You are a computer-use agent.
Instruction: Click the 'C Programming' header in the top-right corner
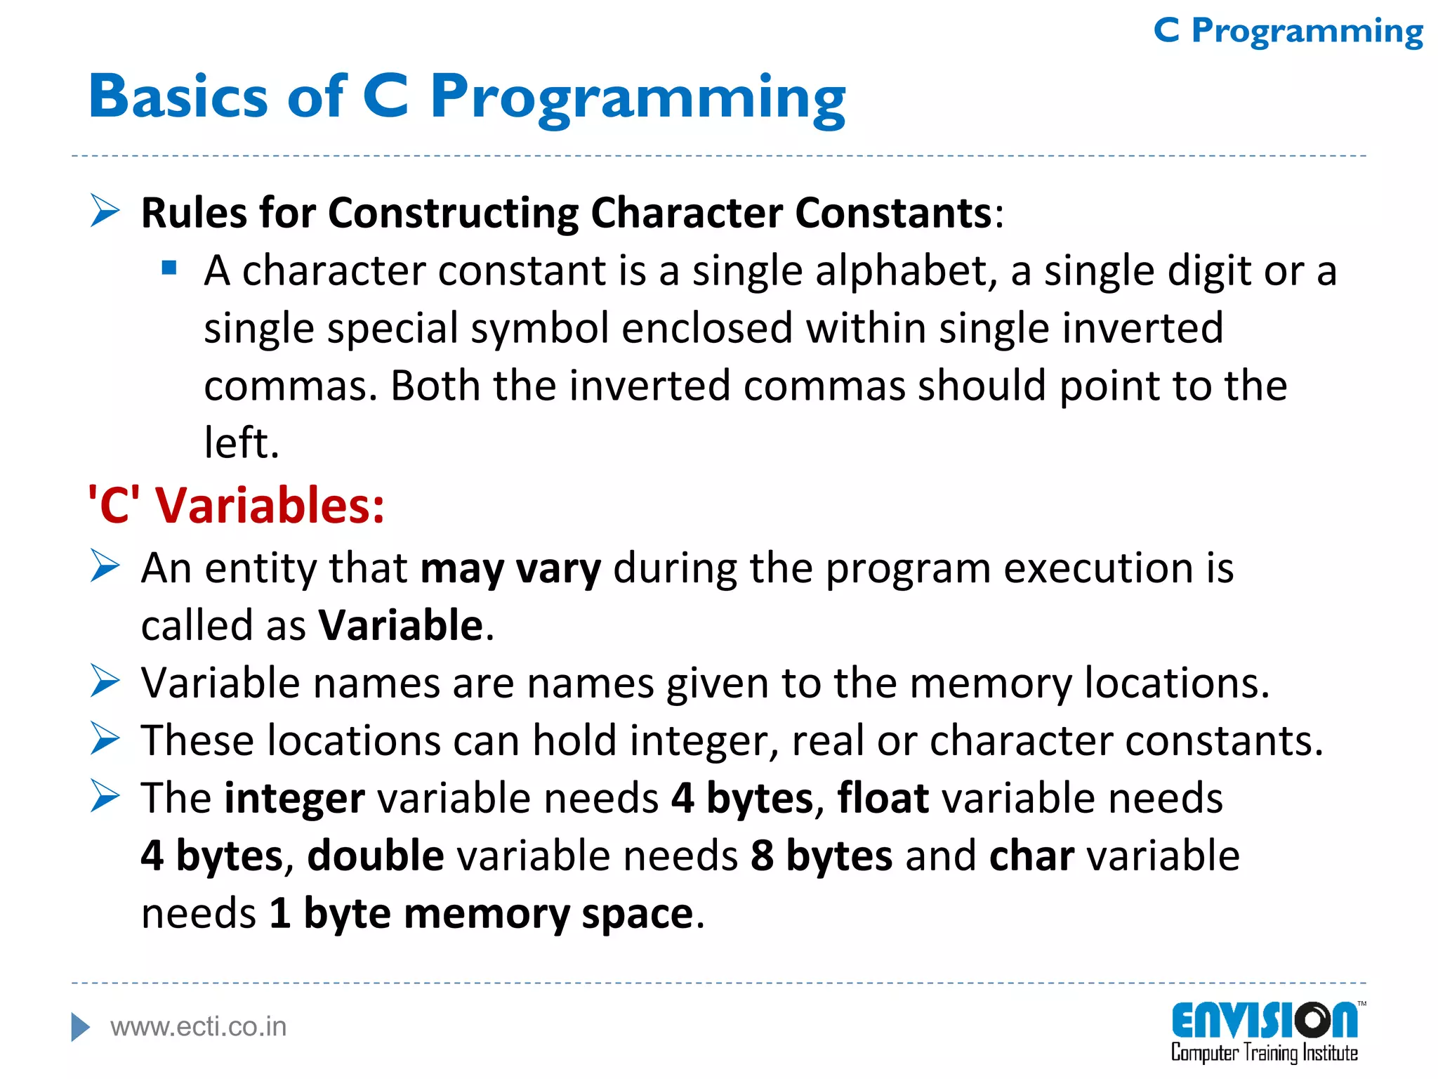[1288, 32]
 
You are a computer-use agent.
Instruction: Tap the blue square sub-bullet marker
[169, 268]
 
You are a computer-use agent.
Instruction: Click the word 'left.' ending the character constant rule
[242, 443]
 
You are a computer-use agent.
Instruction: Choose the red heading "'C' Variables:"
[237, 505]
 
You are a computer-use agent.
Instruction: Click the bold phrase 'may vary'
[510, 568]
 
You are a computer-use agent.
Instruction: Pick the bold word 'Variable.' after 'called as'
[406, 625]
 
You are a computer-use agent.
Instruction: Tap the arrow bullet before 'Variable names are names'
[105, 681]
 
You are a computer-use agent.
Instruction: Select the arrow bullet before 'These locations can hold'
[105, 739]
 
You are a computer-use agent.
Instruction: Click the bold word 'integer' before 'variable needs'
[294, 799]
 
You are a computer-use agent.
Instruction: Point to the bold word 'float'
[883, 799]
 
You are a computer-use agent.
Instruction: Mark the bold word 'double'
[376, 856]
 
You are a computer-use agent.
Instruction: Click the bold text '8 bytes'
[822, 856]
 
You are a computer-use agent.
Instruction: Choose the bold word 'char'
[1031, 856]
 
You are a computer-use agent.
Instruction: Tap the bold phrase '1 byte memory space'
[482, 914]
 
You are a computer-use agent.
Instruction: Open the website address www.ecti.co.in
[199, 1027]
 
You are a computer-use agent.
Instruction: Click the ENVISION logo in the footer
[1265, 1031]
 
